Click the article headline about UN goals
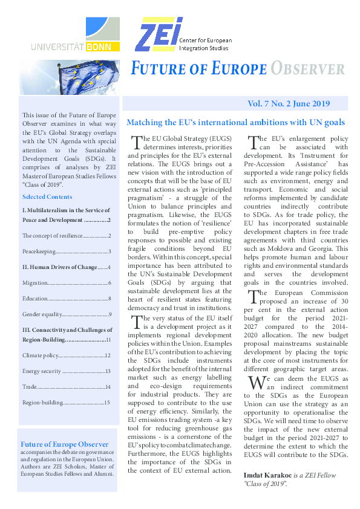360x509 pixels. [x=235, y=122]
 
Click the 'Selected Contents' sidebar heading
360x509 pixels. [x=47, y=197]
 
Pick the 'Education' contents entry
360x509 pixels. [x=35, y=299]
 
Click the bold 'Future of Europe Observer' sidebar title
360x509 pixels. [x=65, y=444]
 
